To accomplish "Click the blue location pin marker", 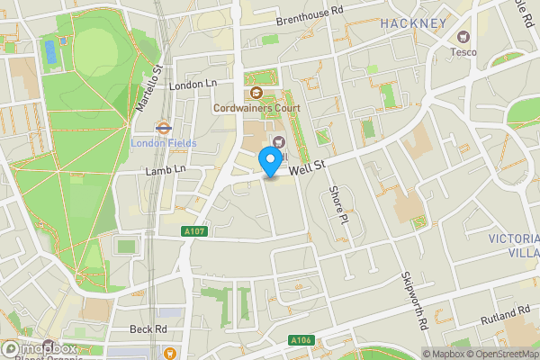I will (x=269, y=163).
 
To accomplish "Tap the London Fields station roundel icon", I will (x=165, y=128).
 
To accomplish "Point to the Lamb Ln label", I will (x=165, y=168).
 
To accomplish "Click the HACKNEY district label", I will (x=413, y=22).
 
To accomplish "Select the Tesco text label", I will (x=463, y=51).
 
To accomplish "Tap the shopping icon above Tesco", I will (x=463, y=37).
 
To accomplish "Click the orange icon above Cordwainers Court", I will (x=256, y=93).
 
